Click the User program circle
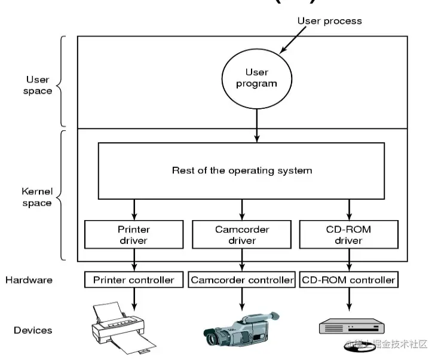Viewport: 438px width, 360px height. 256,78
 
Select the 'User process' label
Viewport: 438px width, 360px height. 329,21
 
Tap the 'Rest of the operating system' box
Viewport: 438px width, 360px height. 241,170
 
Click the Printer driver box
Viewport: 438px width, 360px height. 134,235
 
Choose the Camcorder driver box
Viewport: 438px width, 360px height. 242,235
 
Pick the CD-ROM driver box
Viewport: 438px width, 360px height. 348,235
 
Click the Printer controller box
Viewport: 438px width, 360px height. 134,279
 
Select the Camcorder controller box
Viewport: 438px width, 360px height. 242,279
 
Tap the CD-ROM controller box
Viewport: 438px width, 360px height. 348,279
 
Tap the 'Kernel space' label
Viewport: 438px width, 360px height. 37,197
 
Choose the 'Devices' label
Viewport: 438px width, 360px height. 33,330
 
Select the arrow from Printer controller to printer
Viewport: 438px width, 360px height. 134,297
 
